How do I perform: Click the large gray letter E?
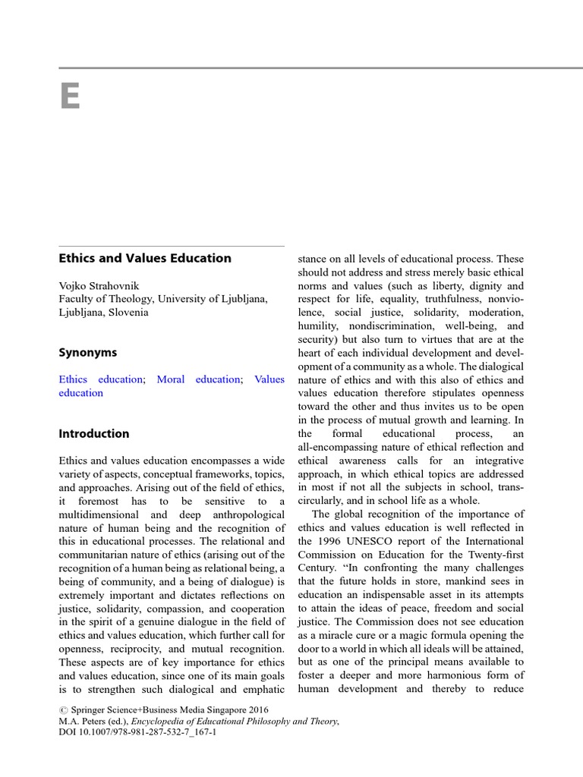pyautogui.click(x=70, y=96)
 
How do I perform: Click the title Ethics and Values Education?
pyautogui.click(x=145, y=258)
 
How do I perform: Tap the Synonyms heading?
pyautogui.click(x=88, y=353)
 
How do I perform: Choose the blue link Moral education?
pyautogui.click(x=198, y=379)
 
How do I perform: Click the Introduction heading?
pyautogui.click(x=94, y=434)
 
